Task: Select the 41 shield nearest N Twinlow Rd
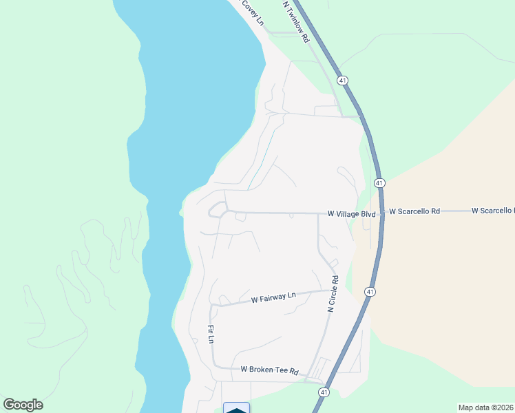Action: [343, 81]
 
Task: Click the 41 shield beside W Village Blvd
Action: [379, 183]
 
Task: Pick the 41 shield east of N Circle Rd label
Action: [370, 292]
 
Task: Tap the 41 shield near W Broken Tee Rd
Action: [323, 391]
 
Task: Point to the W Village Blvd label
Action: [351, 214]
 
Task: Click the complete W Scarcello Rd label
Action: [414, 211]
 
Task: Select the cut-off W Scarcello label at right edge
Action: [493, 211]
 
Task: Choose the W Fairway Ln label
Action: [273, 298]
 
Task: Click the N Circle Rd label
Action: [334, 295]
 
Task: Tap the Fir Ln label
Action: [210, 334]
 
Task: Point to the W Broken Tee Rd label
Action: [269, 370]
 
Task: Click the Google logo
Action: [23, 405]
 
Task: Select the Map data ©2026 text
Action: [485, 407]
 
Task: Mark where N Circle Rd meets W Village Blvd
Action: [318, 213]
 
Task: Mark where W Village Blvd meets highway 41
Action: [381, 214]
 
